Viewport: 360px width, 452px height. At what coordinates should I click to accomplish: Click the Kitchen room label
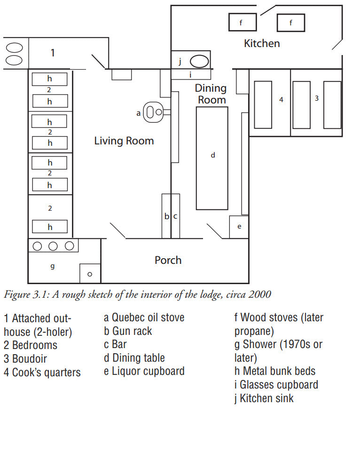pyautogui.click(x=262, y=44)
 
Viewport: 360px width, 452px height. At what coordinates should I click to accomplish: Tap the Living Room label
pyautogui.click(x=124, y=141)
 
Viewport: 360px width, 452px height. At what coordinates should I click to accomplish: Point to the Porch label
pyautogui.click(x=168, y=260)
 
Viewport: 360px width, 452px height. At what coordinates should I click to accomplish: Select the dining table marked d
pyautogui.click(x=212, y=158)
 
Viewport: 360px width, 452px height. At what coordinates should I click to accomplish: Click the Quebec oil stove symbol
pyautogui.click(x=153, y=112)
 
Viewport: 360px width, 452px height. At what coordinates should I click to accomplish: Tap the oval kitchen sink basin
pyautogui.click(x=199, y=62)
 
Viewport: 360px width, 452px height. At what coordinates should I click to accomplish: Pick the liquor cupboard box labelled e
pyautogui.click(x=239, y=227)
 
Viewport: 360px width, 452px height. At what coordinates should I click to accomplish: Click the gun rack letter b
pyautogui.click(x=167, y=216)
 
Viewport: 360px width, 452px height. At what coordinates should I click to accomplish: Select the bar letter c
pyautogui.click(x=175, y=216)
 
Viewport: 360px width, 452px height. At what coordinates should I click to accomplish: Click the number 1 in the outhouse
pyautogui.click(x=53, y=53)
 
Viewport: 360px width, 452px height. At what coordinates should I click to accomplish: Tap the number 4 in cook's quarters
pyautogui.click(x=282, y=100)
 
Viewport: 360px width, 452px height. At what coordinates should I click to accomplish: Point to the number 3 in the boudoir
pyautogui.click(x=316, y=98)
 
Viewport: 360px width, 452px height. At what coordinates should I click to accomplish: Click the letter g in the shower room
pyautogui.click(x=53, y=266)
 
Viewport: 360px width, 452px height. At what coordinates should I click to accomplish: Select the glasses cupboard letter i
pyautogui.click(x=190, y=75)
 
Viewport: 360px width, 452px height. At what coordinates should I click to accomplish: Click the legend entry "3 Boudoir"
pyautogui.click(x=25, y=359)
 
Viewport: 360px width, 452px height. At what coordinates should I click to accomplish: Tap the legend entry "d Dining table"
pyautogui.click(x=134, y=358)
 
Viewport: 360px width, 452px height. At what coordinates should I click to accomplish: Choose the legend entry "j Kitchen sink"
pyautogui.click(x=264, y=398)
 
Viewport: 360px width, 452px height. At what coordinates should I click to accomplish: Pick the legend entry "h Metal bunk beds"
pyautogui.click(x=275, y=371)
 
